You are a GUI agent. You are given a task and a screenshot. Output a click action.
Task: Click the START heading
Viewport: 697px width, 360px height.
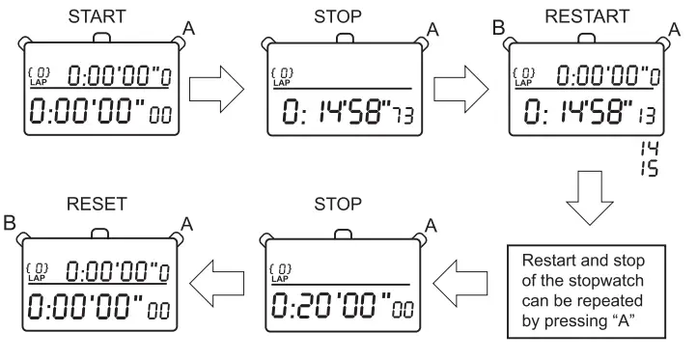point(100,14)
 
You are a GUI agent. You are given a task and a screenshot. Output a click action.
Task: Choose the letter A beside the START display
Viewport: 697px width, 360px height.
point(188,30)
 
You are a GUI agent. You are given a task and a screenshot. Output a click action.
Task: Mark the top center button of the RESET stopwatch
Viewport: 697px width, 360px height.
point(100,231)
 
